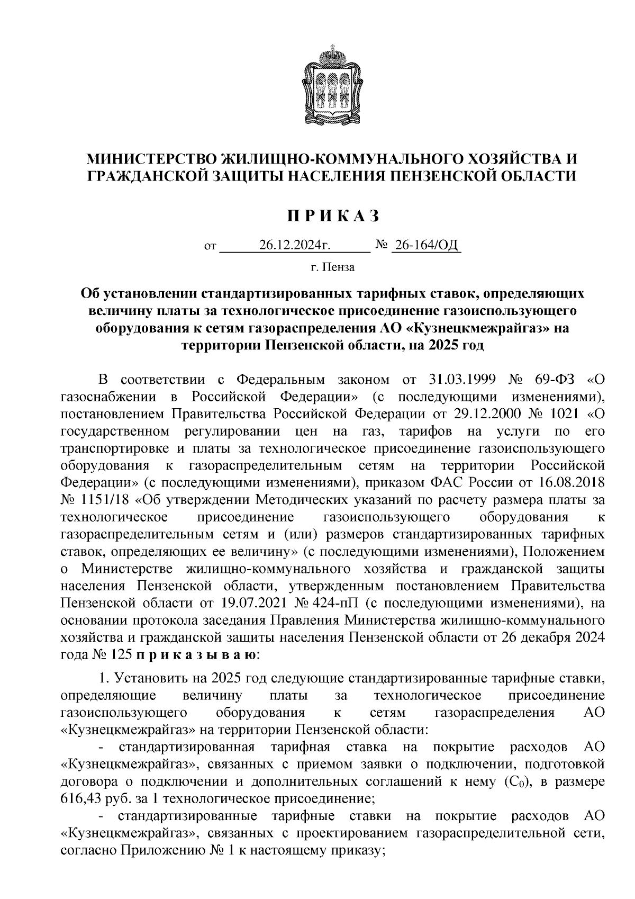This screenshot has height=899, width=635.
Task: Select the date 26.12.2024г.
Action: click(295, 245)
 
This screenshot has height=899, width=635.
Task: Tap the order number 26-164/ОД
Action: click(425, 245)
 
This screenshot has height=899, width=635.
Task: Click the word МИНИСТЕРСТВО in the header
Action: click(151, 159)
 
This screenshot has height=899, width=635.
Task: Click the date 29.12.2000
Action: click(485, 414)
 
